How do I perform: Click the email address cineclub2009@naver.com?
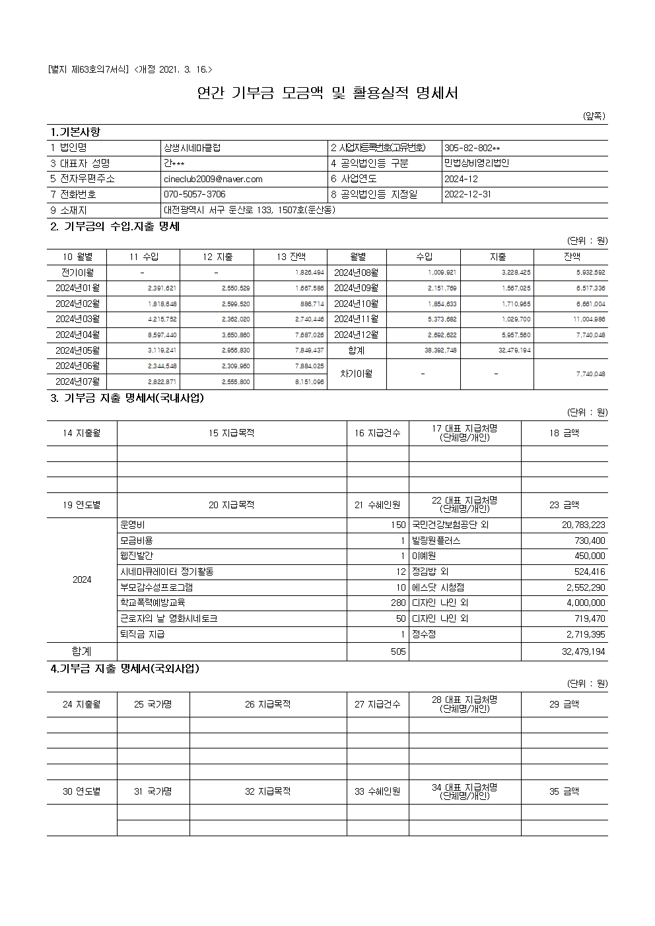pyautogui.click(x=213, y=179)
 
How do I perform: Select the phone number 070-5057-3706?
pyautogui.click(x=194, y=195)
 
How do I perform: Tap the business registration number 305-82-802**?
pyautogui.click(x=472, y=148)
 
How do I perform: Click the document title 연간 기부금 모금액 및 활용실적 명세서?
pyautogui.click(x=327, y=93)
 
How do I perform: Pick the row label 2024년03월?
pyautogui.click(x=77, y=319)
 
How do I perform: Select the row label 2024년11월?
pyautogui.click(x=356, y=319)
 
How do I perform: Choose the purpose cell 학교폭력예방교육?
pyautogui.click(x=153, y=603)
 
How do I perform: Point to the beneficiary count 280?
pyautogui.click(x=398, y=603)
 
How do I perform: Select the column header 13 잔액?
pyautogui.click(x=291, y=257)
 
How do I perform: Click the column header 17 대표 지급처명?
pyautogui.click(x=464, y=433)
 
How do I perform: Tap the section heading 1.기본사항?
pyautogui.click(x=75, y=132)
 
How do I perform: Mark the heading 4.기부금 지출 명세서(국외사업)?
pyautogui.click(x=125, y=669)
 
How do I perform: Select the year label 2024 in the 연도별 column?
pyautogui.click(x=82, y=580)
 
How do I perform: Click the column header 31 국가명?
pyautogui.click(x=153, y=791)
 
